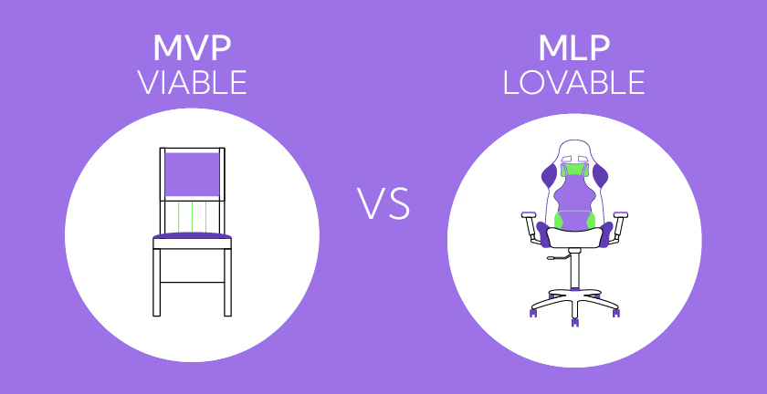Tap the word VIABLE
pyautogui.click(x=192, y=83)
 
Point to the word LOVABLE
pyautogui.click(x=573, y=83)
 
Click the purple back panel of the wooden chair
pyautogui.click(x=191, y=174)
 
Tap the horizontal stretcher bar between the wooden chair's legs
pyautogui.click(x=192, y=283)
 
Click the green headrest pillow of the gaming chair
pyautogui.click(x=573, y=169)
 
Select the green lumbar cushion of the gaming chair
pyautogui.click(x=573, y=220)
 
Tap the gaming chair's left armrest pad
pyautogui.click(x=529, y=215)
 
